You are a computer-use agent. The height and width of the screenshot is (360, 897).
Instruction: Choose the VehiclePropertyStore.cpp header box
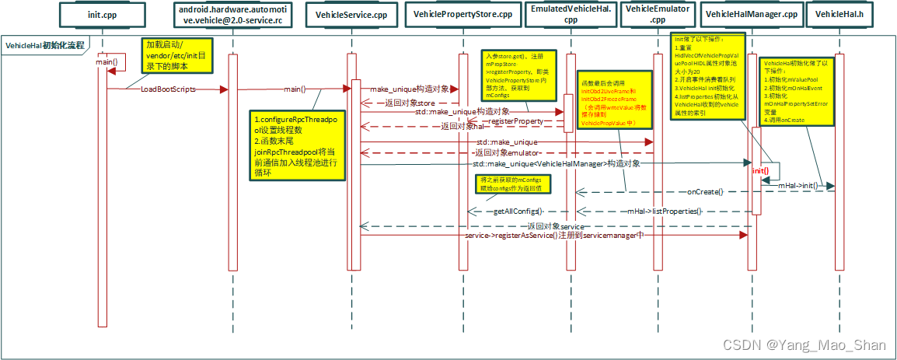click(462, 14)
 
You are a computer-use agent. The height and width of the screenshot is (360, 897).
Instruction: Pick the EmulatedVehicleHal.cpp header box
click(571, 14)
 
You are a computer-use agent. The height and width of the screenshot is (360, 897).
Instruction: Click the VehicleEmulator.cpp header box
click(657, 14)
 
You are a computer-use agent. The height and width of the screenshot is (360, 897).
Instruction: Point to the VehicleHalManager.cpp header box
click(750, 14)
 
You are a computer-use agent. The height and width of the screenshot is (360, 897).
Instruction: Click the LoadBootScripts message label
click(168, 89)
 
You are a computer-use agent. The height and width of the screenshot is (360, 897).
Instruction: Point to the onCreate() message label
click(705, 191)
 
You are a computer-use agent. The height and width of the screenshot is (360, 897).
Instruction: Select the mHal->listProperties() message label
click(665, 211)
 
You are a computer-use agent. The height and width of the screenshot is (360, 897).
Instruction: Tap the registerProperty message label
click(515, 121)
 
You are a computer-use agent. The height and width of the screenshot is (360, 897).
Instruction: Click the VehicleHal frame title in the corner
click(45, 45)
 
